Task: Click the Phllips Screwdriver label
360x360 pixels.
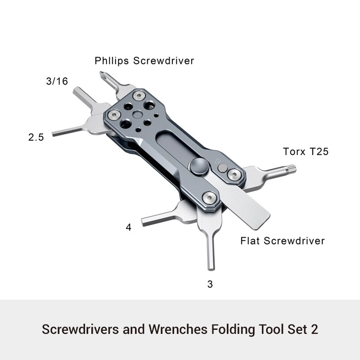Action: (x=144, y=61)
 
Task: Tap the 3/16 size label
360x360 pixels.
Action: (x=57, y=81)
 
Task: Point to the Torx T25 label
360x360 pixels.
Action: (x=306, y=152)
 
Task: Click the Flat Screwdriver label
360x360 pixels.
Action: (x=283, y=241)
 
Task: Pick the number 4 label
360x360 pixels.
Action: (x=129, y=228)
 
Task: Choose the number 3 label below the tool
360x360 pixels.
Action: (x=210, y=284)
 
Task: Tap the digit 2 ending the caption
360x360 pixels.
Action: (x=314, y=329)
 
